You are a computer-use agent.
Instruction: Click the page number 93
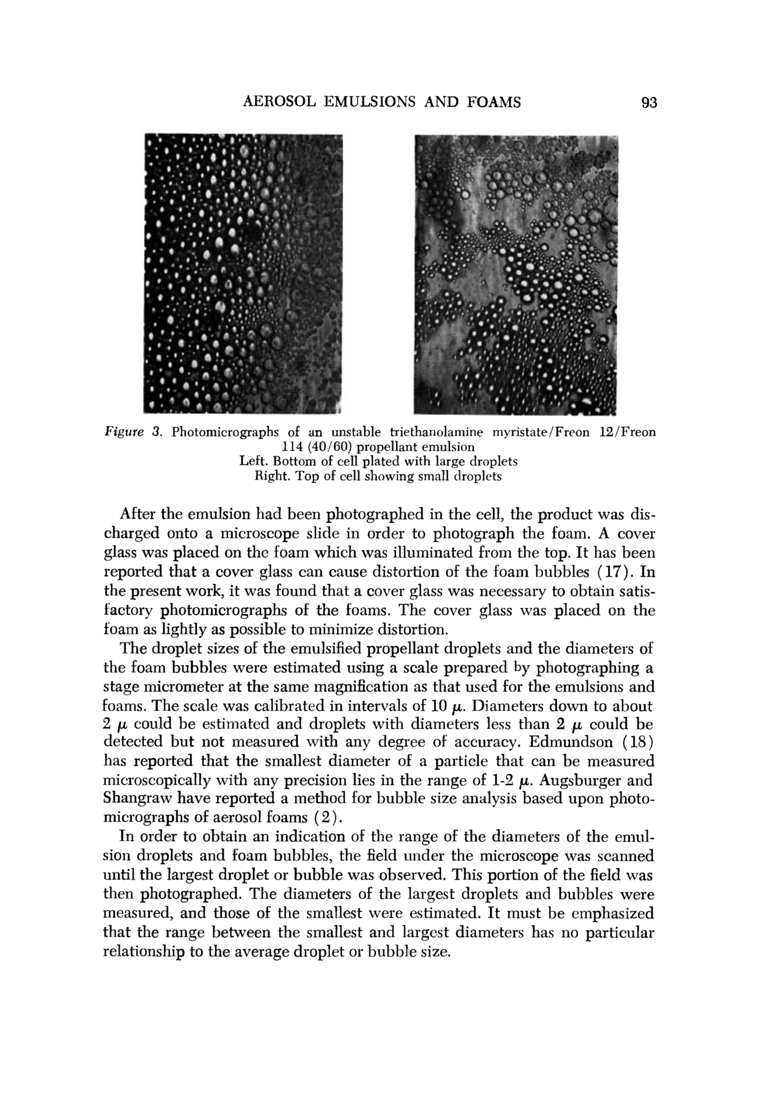point(649,102)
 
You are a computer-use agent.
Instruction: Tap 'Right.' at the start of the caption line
point(271,477)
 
